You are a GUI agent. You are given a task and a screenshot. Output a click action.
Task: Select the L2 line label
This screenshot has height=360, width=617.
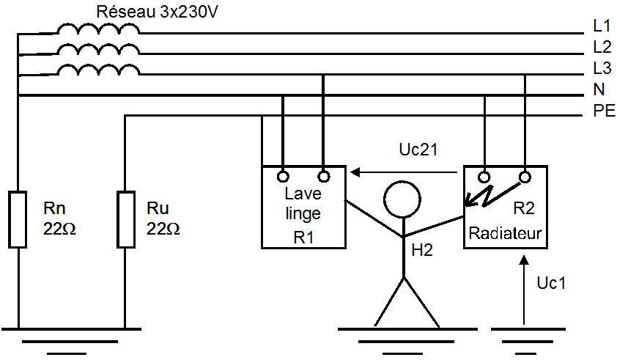click(x=602, y=48)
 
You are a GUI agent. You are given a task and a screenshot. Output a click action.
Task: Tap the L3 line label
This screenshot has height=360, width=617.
click(x=602, y=70)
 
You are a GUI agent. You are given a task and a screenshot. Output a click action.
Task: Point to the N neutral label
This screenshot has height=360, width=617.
click(x=599, y=91)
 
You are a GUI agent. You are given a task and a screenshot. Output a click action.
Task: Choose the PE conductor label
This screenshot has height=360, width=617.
click(x=602, y=112)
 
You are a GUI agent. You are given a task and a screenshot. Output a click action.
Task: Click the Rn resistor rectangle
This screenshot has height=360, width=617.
click(x=18, y=218)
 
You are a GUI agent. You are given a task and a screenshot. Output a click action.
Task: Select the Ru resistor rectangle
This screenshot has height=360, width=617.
click(x=125, y=218)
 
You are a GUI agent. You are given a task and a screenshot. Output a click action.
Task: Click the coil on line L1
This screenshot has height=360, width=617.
click(x=98, y=29)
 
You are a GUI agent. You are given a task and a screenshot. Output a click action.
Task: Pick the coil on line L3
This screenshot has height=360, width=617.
click(x=98, y=71)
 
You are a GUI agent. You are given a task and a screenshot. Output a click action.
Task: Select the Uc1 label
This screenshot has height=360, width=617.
click(x=551, y=283)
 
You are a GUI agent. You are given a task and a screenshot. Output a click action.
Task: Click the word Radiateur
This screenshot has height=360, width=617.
click(x=505, y=234)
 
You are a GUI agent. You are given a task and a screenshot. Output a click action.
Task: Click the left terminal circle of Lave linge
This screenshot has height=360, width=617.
click(x=282, y=177)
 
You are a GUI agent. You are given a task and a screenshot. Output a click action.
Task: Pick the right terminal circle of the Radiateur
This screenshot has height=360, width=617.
click(x=525, y=177)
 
